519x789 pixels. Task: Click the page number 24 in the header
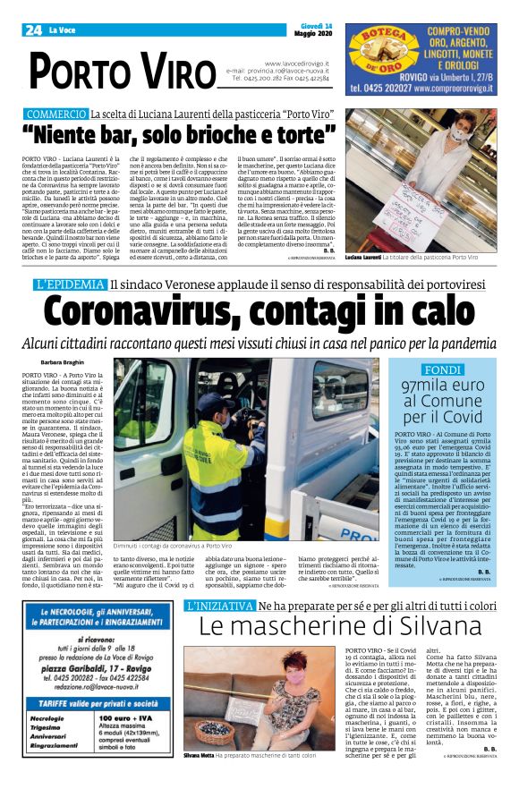coord(34,30)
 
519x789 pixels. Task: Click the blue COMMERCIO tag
coord(55,115)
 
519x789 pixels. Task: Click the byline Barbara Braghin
coord(63,362)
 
